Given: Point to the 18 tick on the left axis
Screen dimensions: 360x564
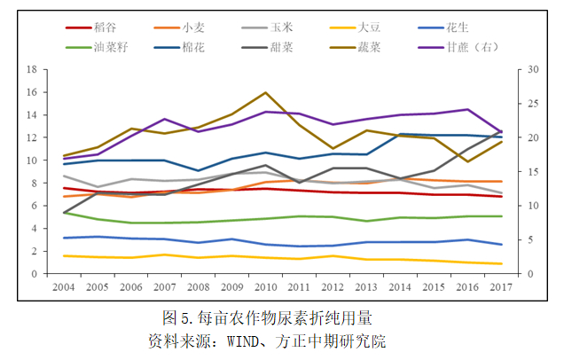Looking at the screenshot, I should tap(33, 69).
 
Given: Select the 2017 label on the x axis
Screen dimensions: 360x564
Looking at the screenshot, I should tap(501, 288).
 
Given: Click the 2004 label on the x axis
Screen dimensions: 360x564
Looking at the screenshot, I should tap(63, 288).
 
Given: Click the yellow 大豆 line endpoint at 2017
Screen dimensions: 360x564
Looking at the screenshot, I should tap(501, 263).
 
